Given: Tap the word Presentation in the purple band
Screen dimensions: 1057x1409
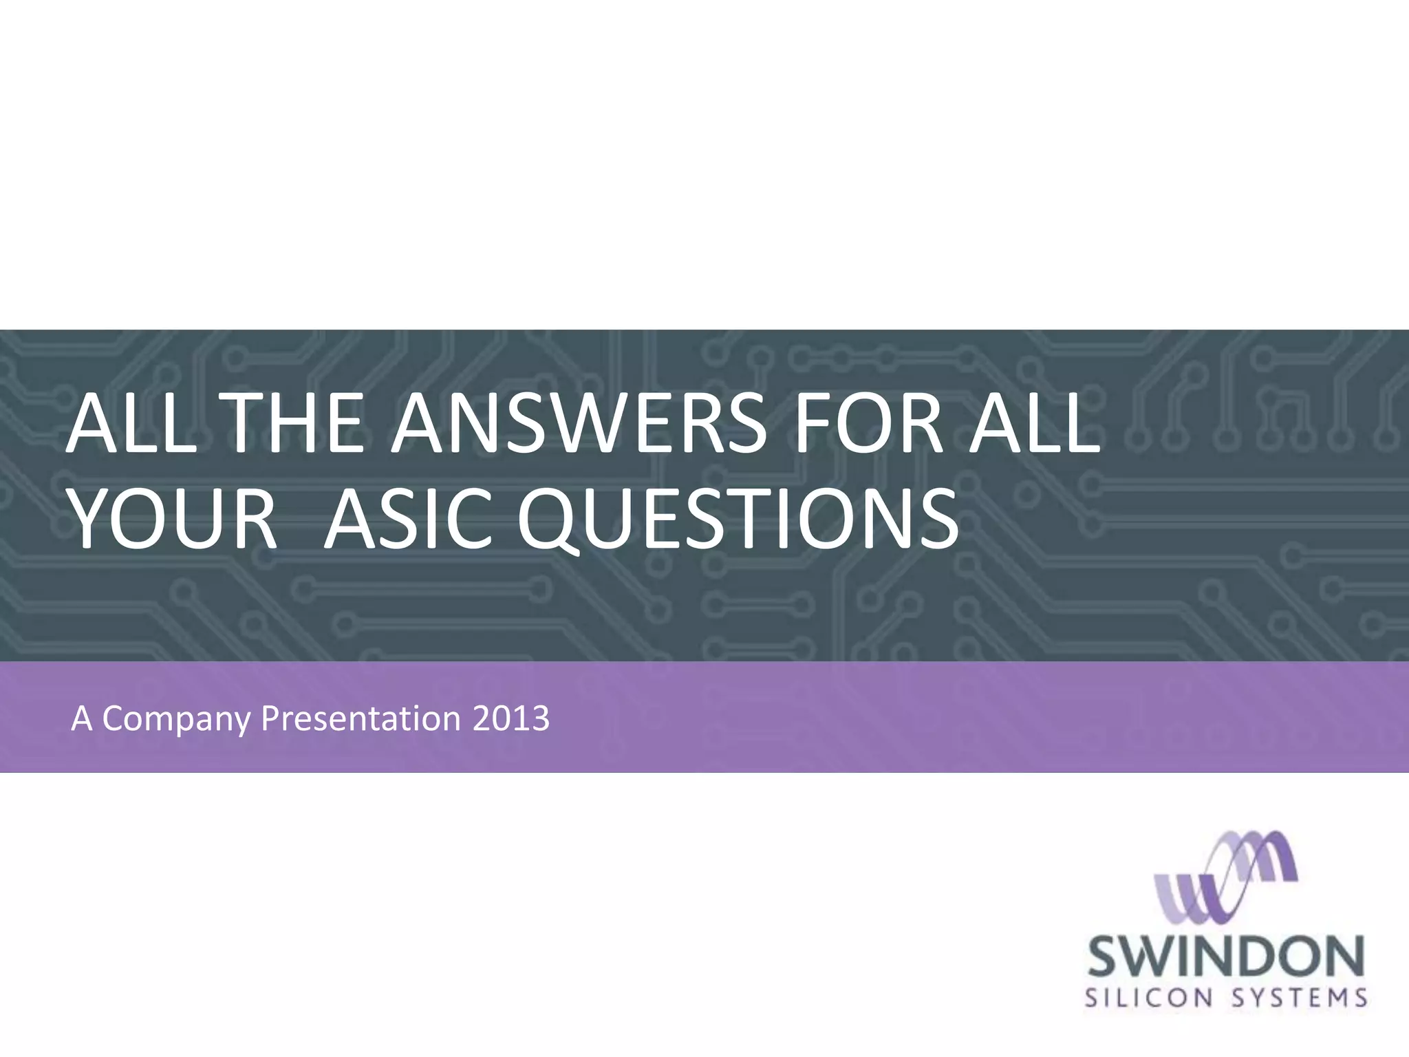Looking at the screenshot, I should click(361, 718).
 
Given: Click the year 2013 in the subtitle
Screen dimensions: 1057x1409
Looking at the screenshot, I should click(511, 718).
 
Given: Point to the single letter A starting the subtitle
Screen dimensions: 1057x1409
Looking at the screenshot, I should click(81, 718).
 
